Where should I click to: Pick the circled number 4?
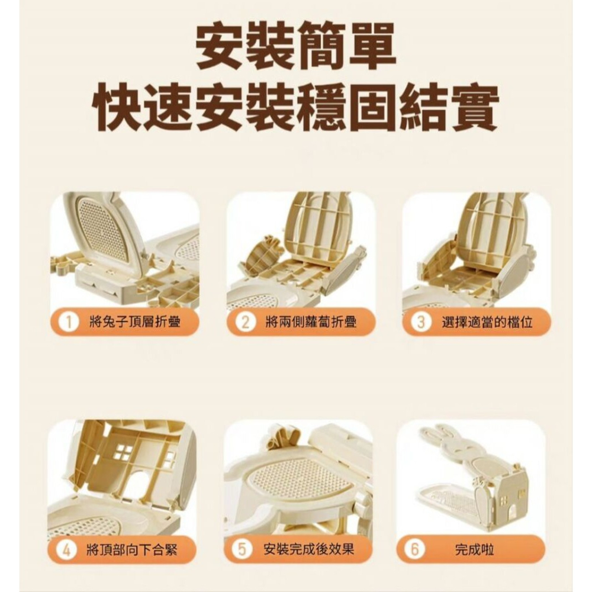point(66,550)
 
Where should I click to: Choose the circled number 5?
point(242,550)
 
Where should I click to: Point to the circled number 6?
point(414,550)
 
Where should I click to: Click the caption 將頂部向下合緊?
point(132,550)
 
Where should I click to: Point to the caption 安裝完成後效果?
point(309,550)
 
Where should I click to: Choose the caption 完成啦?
point(475,550)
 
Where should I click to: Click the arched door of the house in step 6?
point(512,513)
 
